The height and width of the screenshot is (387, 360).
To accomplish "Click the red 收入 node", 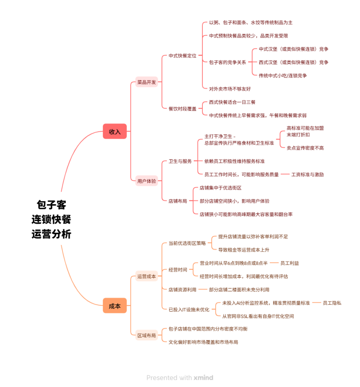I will point(114,132).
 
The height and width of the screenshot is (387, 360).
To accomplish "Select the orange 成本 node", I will point(114,306).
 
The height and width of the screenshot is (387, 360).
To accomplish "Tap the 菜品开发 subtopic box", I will point(147,82).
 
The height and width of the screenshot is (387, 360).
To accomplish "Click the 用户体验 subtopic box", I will point(147,181).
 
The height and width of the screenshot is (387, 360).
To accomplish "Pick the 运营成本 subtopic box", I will point(147,276).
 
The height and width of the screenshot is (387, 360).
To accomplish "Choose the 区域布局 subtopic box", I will point(147,335).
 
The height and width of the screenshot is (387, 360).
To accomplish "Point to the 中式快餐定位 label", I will point(182,56).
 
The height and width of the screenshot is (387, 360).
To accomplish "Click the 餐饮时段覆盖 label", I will point(182,108).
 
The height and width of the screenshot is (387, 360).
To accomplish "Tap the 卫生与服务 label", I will point(180,161).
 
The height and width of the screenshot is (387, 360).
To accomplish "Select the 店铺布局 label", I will point(178,201).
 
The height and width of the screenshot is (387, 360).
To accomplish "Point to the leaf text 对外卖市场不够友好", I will point(230,89).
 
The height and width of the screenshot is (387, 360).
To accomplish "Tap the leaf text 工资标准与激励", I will point(307,174).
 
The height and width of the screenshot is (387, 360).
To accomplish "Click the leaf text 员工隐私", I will point(332,303).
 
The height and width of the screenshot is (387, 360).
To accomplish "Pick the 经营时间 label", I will point(178,270).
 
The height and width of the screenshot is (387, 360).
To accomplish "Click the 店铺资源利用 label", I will point(182,289).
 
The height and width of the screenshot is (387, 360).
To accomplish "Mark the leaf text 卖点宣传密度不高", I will point(305,148).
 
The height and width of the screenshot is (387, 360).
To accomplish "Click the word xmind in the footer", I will point(203,378).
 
